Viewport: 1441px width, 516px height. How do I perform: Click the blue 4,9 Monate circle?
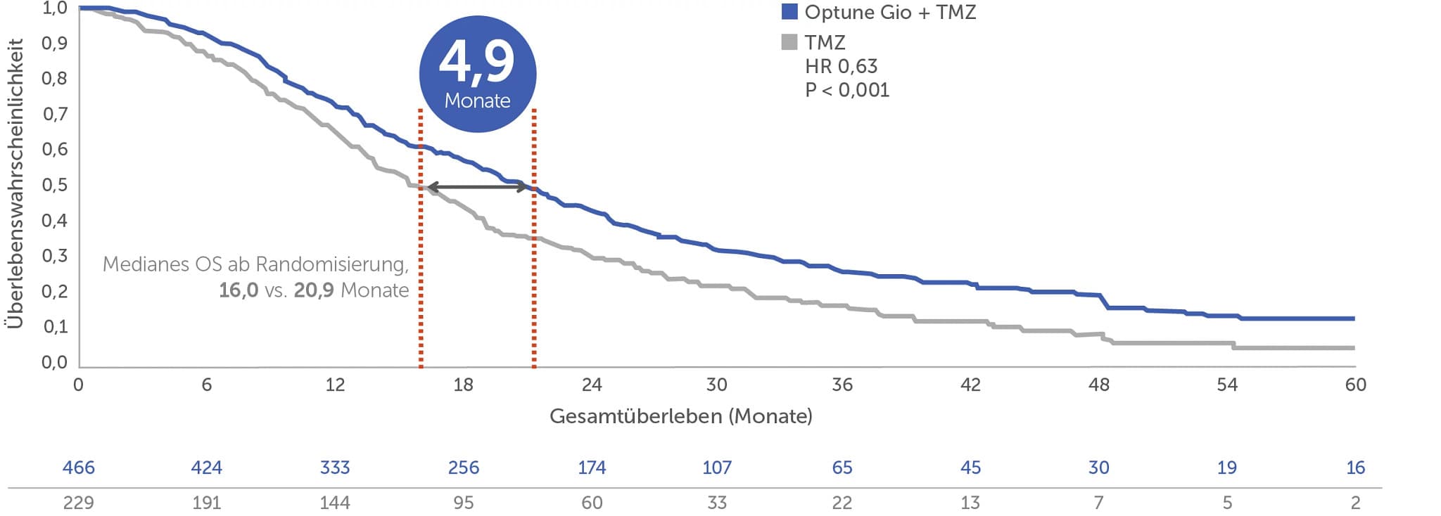click(477, 75)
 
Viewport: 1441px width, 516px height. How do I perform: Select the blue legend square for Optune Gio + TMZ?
click(789, 12)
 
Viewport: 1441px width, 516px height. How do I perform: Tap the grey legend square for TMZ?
click(789, 42)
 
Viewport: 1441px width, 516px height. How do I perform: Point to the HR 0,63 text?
click(841, 66)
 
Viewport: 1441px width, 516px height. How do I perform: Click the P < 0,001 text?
click(847, 90)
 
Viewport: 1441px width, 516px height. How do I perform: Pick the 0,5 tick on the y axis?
click(55, 185)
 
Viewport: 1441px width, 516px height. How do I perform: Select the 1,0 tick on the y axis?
click(55, 8)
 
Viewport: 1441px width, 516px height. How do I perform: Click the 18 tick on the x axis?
click(463, 385)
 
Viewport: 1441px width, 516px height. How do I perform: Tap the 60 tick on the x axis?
click(1355, 385)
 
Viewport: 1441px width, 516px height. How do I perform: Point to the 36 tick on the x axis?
click(842, 385)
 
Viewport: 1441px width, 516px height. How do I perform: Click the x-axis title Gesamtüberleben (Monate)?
click(680, 416)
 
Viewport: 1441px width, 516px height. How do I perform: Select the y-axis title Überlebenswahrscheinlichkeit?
click(15, 183)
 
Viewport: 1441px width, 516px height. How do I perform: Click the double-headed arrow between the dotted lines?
click(477, 187)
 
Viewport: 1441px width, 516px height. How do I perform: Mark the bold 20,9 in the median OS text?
click(314, 290)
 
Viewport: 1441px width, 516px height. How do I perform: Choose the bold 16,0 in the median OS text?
click(239, 290)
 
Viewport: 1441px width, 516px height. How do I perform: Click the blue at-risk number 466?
click(78, 467)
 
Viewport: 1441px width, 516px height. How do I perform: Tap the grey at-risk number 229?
click(78, 503)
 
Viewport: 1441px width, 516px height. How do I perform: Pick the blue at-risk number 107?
click(716, 467)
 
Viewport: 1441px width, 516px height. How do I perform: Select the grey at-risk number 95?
click(463, 503)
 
